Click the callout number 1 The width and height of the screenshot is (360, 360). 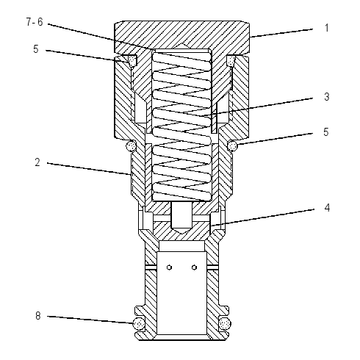(x=326, y=28)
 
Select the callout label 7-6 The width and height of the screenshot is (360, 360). (x=35, y=22)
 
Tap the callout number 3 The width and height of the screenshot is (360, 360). (x=327, y=97)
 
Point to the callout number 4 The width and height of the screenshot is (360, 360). (x=327, y=208)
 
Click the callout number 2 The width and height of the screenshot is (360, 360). (x=37, y=162)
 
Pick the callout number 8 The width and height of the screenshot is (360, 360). (x=37, y=316)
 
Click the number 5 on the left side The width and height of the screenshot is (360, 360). (x=36, y=49)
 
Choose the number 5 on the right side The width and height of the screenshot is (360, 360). (x=325, y=132)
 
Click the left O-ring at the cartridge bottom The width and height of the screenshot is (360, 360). (x=139, y=324)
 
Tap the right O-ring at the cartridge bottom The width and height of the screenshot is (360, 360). (x=225, y=324)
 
